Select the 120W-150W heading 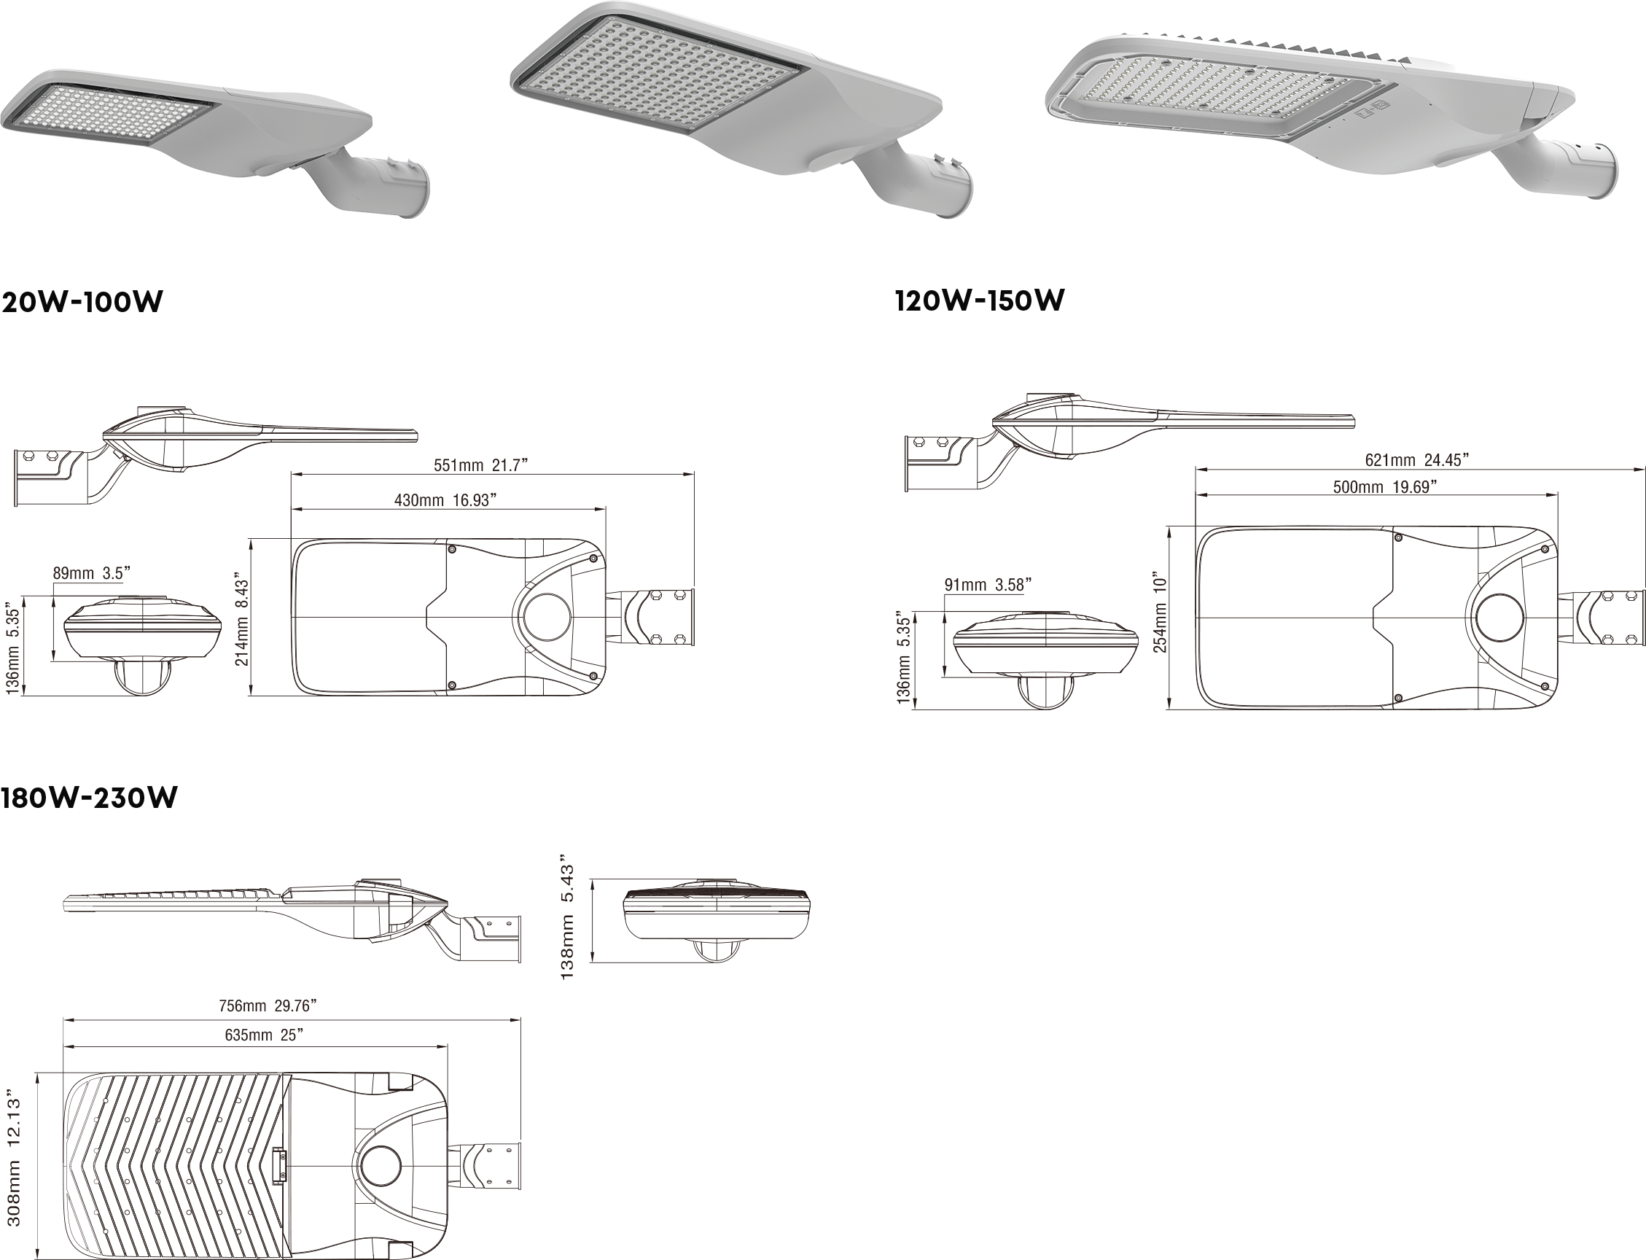tap(980, 300)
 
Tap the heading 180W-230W tap(89, 797)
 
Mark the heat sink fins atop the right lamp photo tap(1275, 47)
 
